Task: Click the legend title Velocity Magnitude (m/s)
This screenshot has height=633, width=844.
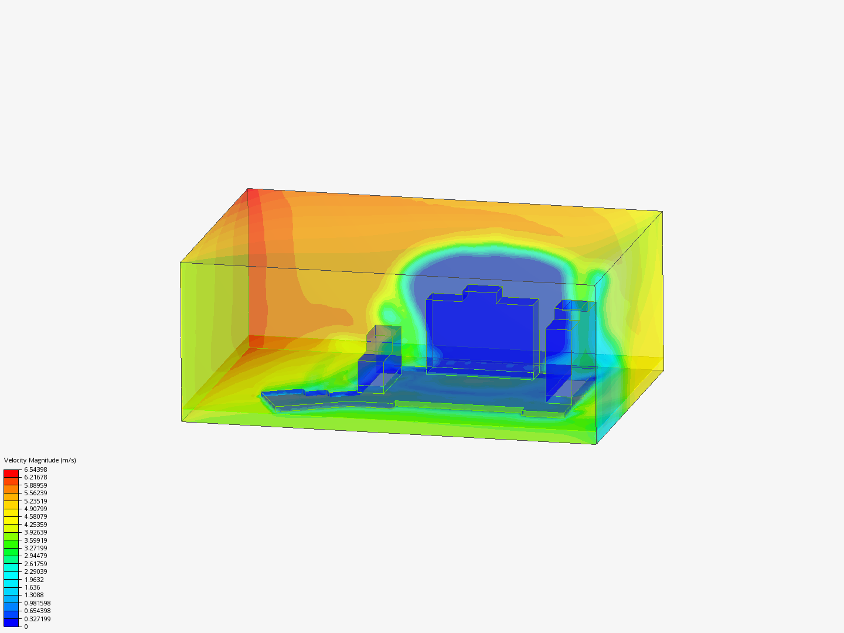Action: coord(40,460)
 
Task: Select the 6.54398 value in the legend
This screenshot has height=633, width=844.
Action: coord(35,469)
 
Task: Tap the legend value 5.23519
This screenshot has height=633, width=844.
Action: coord(35,501)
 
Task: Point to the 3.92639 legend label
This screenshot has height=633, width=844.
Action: coord(35,532)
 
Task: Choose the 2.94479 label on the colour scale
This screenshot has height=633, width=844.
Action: coord(35,556)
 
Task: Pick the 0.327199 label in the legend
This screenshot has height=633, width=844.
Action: coord(38,619)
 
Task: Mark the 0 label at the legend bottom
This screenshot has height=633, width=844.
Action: coord(26,627)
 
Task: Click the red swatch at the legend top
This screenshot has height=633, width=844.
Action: coord(11,473)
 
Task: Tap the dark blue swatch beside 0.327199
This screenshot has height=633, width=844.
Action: coord(11,622)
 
